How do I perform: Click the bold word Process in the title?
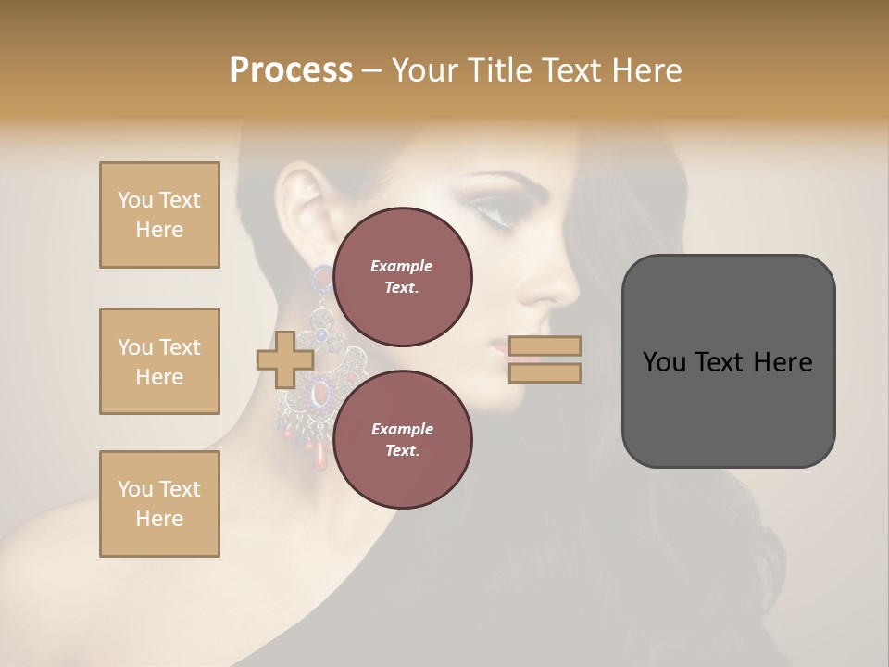click(x=291, y=70)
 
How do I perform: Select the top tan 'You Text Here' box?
click(x=159, y=215)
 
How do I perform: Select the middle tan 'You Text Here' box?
click(x=159, y=361)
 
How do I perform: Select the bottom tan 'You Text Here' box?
click(x=159, y=504)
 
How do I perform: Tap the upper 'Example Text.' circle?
click(x=402, y=277)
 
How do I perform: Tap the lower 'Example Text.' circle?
click(x=402, y=440)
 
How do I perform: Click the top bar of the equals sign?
click(x=545, y=346)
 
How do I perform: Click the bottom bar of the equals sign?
click(x=545, y=372)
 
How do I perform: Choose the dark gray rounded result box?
click(x=728, y=361)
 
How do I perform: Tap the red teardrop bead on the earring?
click(x=319, y=455)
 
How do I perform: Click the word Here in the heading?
click(x=646, y=70)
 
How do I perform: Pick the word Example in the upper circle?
click(x=402, y=266)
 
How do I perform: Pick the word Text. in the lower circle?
click(x=402, y=451)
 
